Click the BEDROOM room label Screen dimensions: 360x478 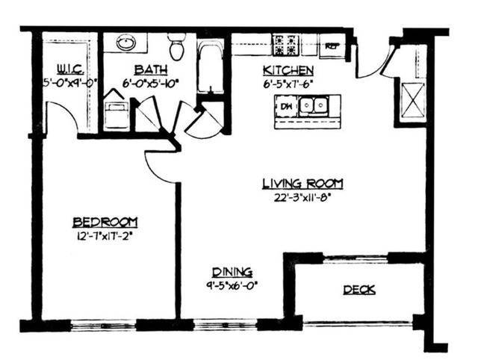coord(105,222)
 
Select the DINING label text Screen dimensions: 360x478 coord(232,273)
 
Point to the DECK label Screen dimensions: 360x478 coord(359,291)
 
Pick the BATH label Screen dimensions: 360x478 coord(146,72)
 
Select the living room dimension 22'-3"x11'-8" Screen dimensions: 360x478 coord(302,197)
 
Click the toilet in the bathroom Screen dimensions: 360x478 coord(177,46)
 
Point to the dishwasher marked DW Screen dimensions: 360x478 coord(285,107)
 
